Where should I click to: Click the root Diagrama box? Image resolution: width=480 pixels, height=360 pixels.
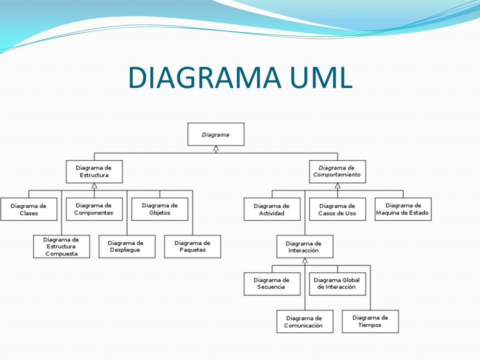[216, 134]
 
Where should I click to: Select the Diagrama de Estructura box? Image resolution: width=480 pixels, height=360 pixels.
[94, 171]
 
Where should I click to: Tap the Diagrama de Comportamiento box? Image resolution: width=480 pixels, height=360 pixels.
[337, 171]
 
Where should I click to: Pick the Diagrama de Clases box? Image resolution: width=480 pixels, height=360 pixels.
[29, 209]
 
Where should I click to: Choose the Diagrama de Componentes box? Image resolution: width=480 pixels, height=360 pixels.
[94, 209]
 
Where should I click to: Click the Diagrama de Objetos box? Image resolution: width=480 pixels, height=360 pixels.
[160, 209]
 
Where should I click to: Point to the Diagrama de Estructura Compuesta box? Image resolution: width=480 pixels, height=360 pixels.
[61, 246]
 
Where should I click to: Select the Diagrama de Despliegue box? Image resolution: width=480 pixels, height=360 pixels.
[127, 246]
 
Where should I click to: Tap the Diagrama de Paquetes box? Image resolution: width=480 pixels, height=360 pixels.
[192, 246]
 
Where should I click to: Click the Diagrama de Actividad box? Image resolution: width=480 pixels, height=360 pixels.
[272, 209]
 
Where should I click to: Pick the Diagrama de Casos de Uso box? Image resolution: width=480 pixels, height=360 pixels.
[337, 209]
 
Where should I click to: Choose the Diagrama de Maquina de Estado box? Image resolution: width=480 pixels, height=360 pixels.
[403, 209]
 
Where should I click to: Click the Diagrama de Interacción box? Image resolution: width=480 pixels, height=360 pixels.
[305, 246]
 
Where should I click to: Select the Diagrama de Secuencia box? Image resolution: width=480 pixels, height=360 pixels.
[272, 284]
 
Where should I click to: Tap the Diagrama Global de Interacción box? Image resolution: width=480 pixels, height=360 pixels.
[337, 284]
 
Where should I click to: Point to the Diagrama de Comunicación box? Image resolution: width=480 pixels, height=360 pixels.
[305, 321]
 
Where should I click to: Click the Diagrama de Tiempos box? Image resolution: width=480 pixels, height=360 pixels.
[370, 321]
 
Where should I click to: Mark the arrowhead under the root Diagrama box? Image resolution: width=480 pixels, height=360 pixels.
[216, 148]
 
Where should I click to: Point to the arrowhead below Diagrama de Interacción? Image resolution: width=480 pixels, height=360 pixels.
[305, 261]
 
